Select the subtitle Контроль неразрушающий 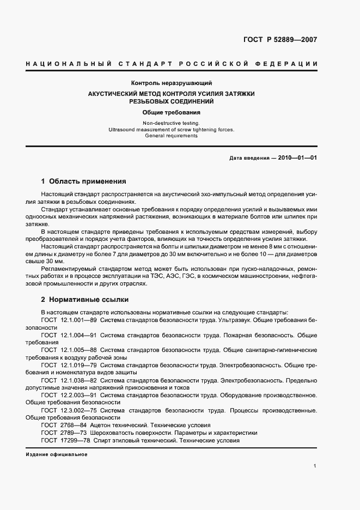(171, 83)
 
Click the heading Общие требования (171, 112)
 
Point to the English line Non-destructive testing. (171, 124)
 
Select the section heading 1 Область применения (83, 181)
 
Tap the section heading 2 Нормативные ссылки (85, 300)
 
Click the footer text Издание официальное (57, 454)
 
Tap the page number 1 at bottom (315, 466)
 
